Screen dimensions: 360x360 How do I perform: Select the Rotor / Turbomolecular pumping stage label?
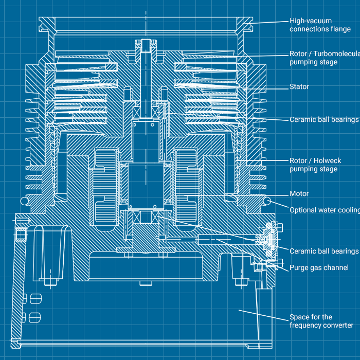pos(323,58)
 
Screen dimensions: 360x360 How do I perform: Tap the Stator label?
pos(299,87)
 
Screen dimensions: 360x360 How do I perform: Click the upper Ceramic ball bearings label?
pos(323,119)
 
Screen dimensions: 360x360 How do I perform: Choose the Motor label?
pos(299,194)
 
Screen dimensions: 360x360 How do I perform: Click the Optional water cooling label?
pos(324,210)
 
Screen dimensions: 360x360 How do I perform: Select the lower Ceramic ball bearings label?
pos(323,251)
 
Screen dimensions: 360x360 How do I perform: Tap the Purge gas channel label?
pos(319,268)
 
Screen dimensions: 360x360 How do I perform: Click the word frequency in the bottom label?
pos(305,326)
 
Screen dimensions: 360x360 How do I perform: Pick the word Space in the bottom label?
pos(299,317)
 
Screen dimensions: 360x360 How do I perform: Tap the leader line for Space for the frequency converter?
pos(262,314)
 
